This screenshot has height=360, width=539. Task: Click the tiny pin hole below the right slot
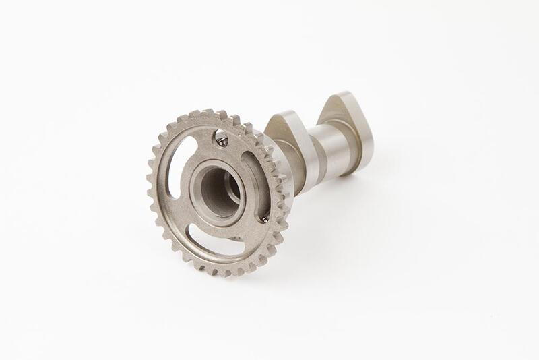[264, 219]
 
